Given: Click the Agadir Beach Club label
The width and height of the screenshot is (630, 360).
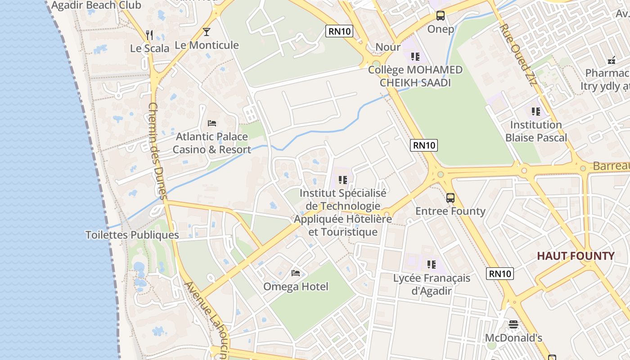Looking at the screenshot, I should point(96,5).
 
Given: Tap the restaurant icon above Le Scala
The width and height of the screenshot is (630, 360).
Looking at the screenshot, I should point(150,35).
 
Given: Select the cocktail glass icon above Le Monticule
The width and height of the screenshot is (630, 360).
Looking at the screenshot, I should point(207,31).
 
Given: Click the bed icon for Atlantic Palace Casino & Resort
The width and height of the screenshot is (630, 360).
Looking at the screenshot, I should point(212,123).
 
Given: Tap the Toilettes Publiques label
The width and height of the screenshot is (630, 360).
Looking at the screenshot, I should point(132,235).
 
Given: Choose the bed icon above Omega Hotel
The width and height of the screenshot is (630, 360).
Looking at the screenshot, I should point(296,273).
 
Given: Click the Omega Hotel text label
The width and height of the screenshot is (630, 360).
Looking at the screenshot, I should point(296,287).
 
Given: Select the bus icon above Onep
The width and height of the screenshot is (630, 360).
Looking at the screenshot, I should point(441,16).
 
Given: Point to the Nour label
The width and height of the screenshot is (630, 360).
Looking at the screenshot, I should point(388,47).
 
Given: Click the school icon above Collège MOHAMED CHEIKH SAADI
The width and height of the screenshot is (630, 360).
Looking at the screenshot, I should point(415,57).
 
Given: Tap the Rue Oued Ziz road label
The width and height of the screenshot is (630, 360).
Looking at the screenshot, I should point(518,55).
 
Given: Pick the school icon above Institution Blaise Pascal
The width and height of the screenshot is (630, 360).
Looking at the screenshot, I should point(535,111).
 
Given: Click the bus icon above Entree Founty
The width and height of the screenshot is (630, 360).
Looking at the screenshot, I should point(450,198).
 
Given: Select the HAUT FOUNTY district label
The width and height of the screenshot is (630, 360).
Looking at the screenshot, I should point(576,256).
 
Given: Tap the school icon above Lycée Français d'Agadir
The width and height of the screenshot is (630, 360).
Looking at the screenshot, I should point(432,264).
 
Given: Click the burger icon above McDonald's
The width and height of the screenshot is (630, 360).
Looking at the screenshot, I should point(513,324).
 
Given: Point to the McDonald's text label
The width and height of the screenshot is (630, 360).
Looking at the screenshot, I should point(513,338).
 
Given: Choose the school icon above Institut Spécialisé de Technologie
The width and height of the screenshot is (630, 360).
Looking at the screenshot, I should point(343,180).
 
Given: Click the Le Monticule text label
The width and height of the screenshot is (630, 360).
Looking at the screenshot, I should point(207,45).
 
